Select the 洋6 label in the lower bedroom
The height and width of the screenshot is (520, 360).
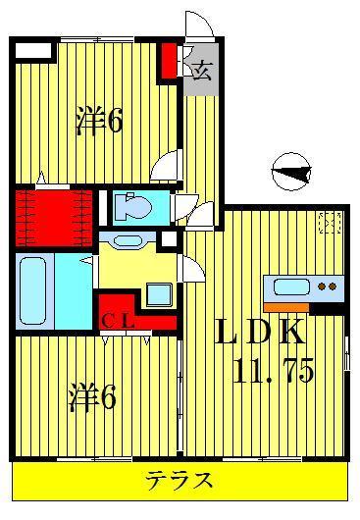pos(92,397)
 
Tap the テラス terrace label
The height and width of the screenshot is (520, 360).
pos(180,481)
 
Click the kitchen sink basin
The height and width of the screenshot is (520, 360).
pos(291,286)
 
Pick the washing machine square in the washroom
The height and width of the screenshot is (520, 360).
pos(158,292)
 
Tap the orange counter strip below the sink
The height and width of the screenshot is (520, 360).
pos(285,306)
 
